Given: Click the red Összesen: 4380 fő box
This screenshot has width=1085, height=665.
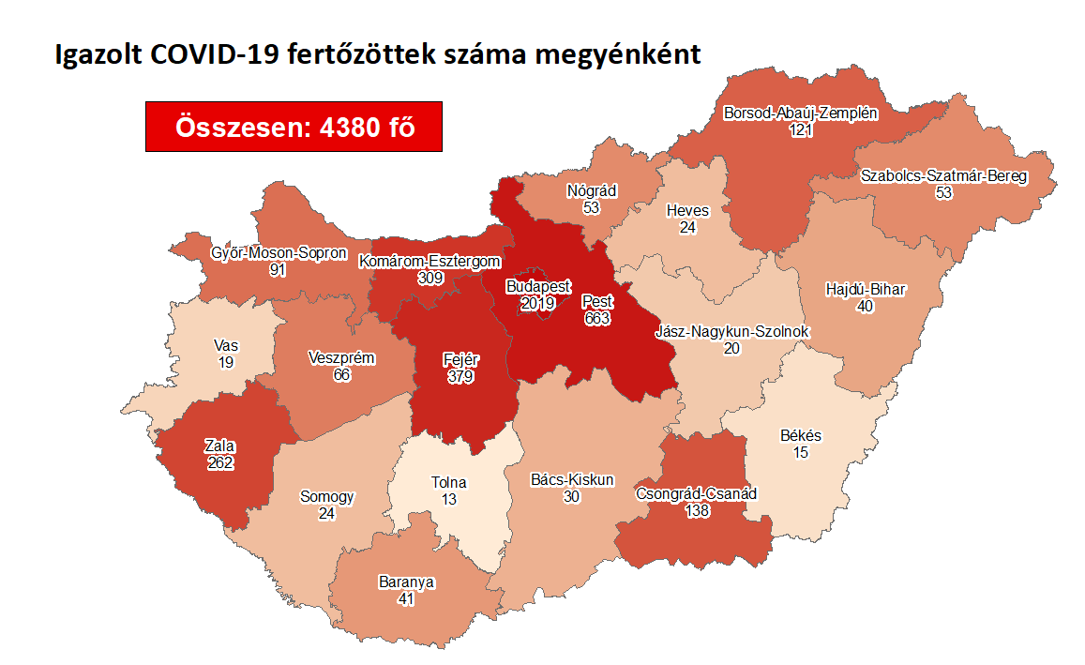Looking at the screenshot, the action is [294, 126].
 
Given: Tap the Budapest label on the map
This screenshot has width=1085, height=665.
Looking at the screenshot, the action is [533, 286].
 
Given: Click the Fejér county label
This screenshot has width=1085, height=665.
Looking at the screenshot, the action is [460, 361].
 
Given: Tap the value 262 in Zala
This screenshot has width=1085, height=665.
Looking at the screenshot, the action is [220, 462].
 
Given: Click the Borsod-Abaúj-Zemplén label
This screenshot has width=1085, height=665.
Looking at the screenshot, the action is [801, 113].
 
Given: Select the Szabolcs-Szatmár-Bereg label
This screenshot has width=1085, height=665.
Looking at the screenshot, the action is [943, 175].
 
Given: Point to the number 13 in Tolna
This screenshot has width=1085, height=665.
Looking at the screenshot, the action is [449, 500].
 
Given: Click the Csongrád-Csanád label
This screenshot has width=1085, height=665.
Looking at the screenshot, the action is [696, 493].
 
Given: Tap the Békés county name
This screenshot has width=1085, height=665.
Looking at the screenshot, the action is [801, 436].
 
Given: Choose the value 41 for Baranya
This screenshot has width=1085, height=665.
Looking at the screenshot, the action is [406, 597].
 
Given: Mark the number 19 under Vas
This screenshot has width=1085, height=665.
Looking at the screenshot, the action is [225, 362].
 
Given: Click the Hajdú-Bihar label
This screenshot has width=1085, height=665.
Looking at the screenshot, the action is [866, 289].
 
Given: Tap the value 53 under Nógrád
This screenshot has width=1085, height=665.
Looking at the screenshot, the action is [591, 207].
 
